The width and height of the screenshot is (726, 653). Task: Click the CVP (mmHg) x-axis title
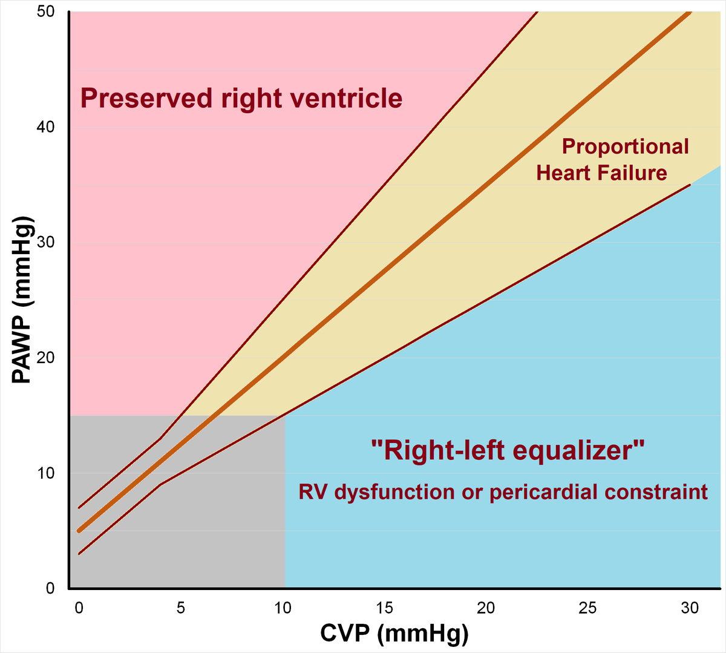[394, 634]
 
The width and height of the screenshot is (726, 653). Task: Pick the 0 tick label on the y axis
[51, 588]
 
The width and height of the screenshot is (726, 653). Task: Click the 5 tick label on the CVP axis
[180, 608]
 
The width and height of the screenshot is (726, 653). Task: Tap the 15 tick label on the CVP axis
[384, 608]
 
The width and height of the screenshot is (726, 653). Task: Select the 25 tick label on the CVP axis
[588, 608]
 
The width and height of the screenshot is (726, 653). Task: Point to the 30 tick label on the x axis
[690, 608]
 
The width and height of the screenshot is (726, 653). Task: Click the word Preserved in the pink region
[147, 98]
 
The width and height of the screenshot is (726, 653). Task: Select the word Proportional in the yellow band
[626, 146]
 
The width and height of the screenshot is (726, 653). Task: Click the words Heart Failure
[601, 173]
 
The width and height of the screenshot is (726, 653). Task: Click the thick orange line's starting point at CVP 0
[79, 531]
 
